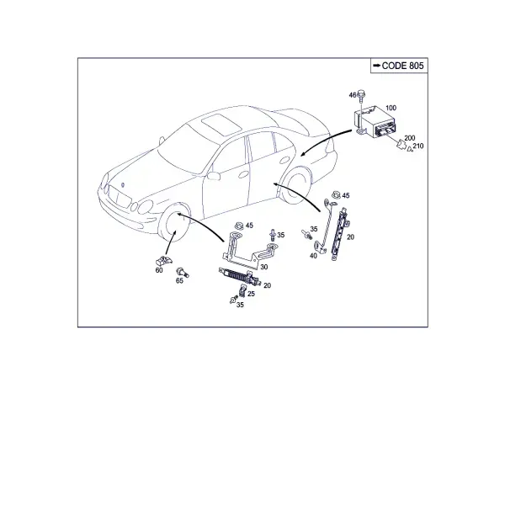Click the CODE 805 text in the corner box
[402, 66]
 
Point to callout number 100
[391, 108]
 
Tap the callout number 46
[353, 95]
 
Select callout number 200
[409, 138]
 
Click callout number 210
[418, 146]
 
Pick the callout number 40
[313, 256]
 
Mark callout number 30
[263, 267]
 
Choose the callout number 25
[251, 294]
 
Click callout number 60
[159, 270]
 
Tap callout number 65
[179, 281]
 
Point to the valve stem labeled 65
[183, 272]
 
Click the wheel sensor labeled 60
[163, 261]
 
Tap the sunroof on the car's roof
[221, 124]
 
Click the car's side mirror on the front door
[213, 176]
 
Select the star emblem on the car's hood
[122, 185]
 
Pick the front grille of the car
[120, 196]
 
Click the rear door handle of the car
[285, 160]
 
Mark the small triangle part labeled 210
[410, 149]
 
